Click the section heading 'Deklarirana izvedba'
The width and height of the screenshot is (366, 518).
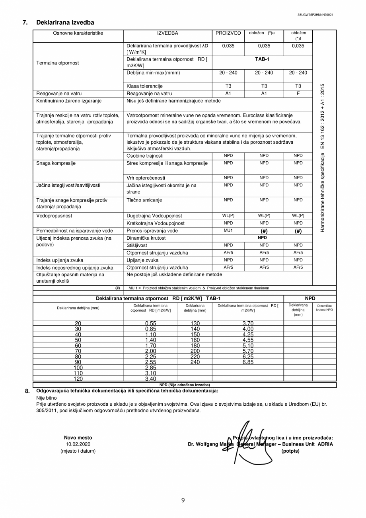point(65,23)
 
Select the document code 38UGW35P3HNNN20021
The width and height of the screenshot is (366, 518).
point(315,15)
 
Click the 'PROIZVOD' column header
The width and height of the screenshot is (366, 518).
point(228,33)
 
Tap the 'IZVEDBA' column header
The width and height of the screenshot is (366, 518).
point(167,33)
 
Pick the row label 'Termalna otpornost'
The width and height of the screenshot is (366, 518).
point(58,63)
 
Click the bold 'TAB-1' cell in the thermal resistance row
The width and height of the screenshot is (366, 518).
point(262,59)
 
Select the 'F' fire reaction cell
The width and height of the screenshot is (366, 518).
point(298,94)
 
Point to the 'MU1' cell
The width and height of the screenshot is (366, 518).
point(228,231)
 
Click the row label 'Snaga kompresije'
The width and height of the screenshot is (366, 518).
point(56,163)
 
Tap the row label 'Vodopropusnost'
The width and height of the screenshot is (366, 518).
point(54,216)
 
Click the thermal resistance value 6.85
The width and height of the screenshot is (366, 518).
point(248,362)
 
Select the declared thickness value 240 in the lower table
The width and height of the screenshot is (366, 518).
point(195,362)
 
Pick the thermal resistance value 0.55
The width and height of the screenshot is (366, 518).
point(150,324)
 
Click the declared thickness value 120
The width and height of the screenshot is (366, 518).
point(78,379)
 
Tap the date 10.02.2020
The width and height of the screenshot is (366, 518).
point(78,444)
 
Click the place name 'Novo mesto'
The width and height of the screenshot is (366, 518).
point(78,438)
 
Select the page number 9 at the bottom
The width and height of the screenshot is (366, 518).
point(183,500)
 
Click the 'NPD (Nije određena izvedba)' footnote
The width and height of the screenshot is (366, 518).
point(184,385)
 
